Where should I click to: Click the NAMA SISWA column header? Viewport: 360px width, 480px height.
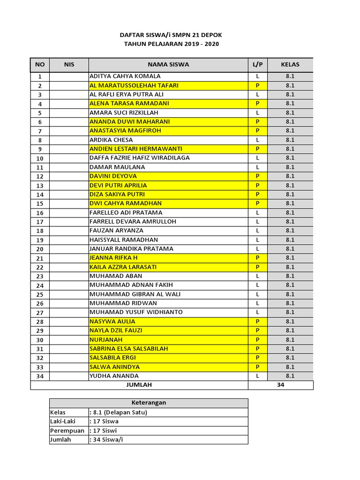point(168,65)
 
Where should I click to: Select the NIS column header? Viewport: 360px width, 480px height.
point(69,65)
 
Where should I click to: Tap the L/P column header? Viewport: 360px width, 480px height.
point(257,65)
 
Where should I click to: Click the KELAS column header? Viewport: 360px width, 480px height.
point(290,65)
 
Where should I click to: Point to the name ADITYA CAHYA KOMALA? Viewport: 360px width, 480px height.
point(125,76)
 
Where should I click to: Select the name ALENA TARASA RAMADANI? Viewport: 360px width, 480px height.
point(129,103)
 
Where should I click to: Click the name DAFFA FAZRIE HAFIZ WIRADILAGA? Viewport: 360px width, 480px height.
point(139,158)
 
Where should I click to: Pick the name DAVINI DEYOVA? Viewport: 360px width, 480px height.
point(113,176)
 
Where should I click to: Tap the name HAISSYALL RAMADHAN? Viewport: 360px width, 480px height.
point(123,240)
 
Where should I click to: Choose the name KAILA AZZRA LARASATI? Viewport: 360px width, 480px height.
point(123,267)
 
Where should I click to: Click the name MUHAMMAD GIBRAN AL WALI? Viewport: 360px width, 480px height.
point(135,294)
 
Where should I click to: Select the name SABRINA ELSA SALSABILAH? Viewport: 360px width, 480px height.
point(128,349)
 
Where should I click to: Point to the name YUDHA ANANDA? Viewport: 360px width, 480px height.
point(114,376)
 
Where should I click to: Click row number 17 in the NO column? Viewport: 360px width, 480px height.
point(40,222)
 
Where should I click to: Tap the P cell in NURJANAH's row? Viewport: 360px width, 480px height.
point(257,339)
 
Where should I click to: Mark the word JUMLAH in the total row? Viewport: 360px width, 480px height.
point(139,385)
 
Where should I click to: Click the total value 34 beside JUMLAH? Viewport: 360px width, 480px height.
point(280,385)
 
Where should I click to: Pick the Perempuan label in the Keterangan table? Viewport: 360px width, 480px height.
point(67,431)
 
